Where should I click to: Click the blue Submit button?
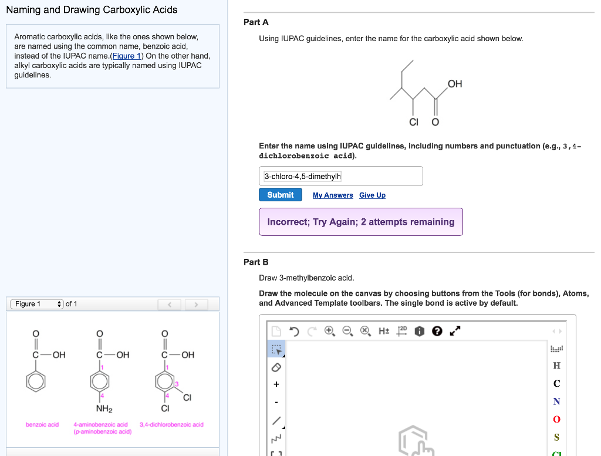pyautogui.click(x=280, y=195)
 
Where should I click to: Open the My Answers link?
pyautogui.click(x=333, y=195)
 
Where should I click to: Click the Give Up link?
pyautogui.click(x=372, y=195)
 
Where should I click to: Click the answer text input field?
pyautogui.click(x=340, y=176)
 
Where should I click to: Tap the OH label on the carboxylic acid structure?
pyautogui.click(x=455, y=84)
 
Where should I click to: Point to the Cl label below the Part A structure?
pyautogui.click(x=414, y=122)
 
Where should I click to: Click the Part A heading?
pyautogui.click(x=256, y=22)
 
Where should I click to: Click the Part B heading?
pyautogui.click(x=256, y=262)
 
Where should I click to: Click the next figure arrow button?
pyautogui.click(x=197, y=304)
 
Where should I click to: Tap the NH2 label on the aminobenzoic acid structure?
pyautogui.click(x=104, y=408)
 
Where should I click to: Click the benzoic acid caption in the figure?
pyautogui.click(x=42, y=424)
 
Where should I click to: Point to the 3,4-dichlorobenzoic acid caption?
pyautogui.click(x=171, y=424)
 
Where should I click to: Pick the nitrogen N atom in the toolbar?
pyautogui.click(x=556, y=401)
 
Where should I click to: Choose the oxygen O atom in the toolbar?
pyautogui.click(x=556, y=419)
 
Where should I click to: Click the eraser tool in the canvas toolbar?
pyautogui.click(x=276, y=367)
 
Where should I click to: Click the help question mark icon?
pyautogui.click(x=436, y=331)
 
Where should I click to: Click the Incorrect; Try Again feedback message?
pyautogui.click(x=360, y=222)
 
